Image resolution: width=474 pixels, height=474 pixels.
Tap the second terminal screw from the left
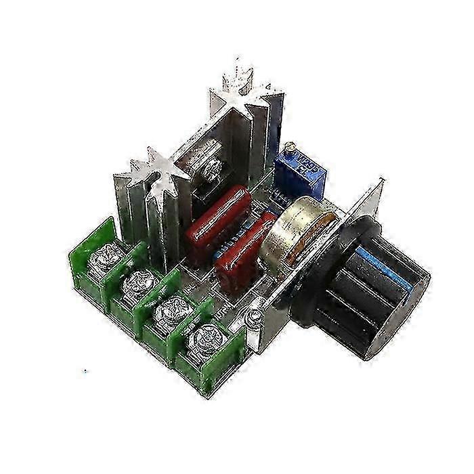pyautogui.click(x=140, y=280)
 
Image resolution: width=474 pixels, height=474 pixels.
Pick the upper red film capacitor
pyautogui.click(x=219, y=221)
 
